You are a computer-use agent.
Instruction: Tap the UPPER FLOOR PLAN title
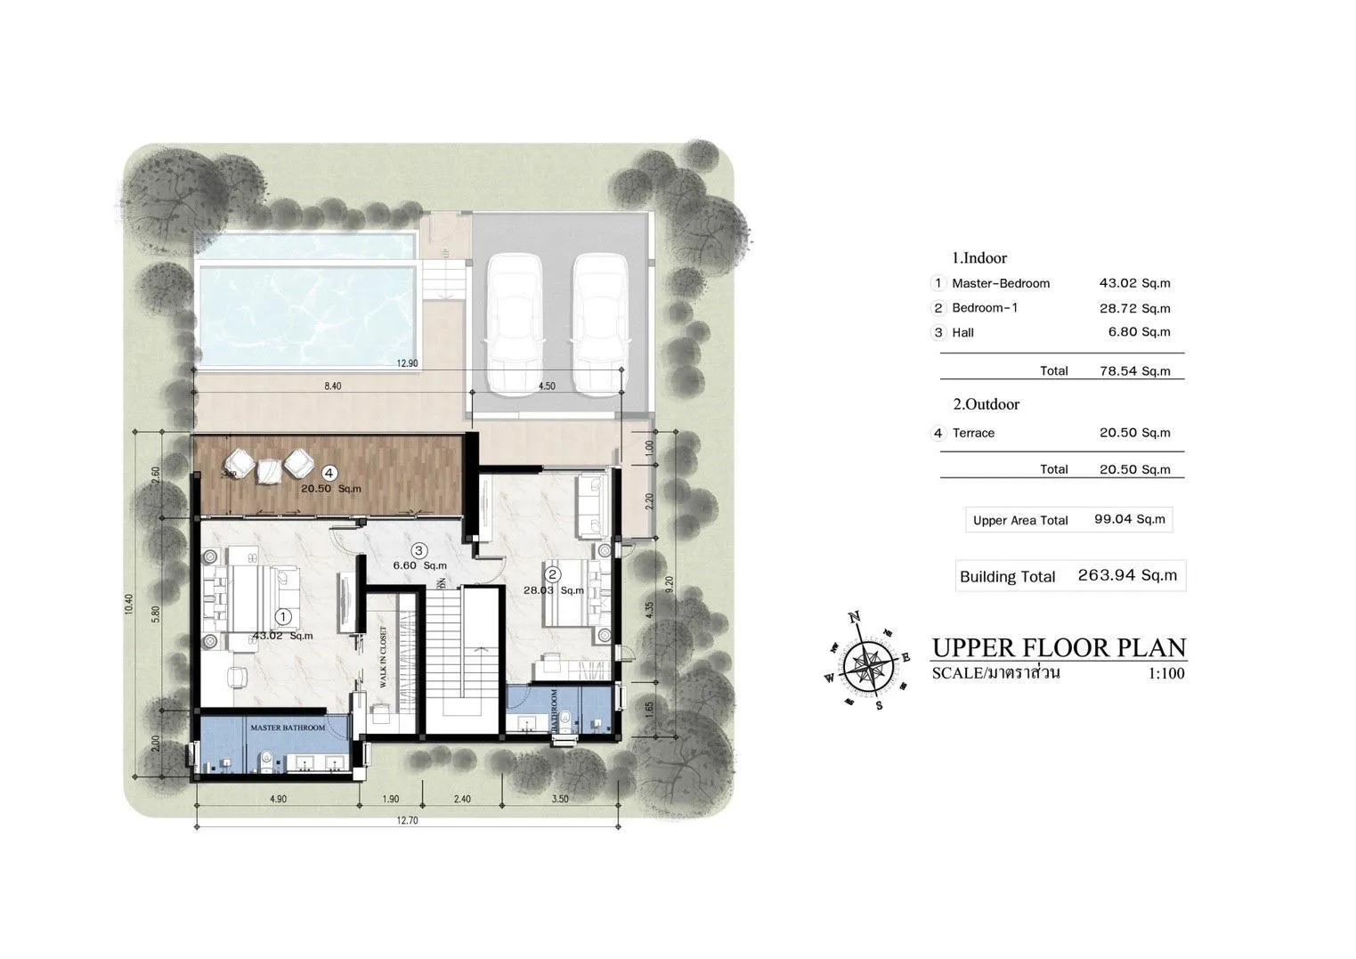point(1059,648)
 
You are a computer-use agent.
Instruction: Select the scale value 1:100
point(1166,673)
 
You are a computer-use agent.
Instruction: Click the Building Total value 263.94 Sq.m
point(1127,575)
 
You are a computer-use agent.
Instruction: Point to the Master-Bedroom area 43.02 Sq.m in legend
point(1134,283)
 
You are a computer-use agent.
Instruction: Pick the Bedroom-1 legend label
point(985,307)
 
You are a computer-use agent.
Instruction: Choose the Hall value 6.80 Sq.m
point(1139,332)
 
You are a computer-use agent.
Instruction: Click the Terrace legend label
point(973,433)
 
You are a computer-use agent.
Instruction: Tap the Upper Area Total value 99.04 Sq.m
point(1130,519)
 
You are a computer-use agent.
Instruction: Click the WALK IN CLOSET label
point(383,657)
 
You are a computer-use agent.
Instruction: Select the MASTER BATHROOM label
point(288,727)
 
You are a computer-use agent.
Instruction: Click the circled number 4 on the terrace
point(329,473)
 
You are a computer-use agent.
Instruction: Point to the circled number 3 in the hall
point(418,550)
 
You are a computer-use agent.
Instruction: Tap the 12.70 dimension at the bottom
point(408,820)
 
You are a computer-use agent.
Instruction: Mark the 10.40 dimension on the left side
point(128,605)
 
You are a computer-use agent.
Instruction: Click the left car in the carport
point(515,324)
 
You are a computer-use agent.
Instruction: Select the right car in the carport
point(600,324)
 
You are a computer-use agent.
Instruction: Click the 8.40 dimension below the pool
point(332,386)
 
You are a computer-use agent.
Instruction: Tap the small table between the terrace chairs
point(269,472)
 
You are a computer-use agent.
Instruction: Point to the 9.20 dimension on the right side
point(669,584)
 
